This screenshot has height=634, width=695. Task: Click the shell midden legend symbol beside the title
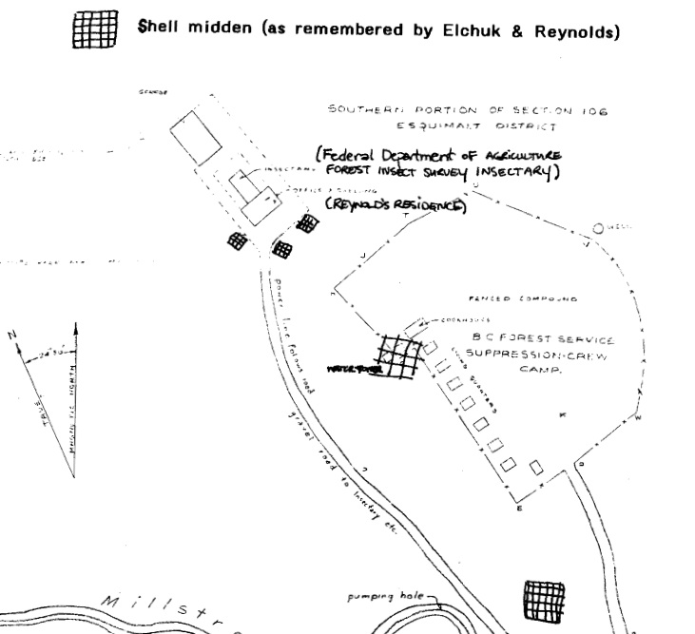tap(95, 29)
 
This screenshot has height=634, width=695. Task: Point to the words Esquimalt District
tap(464, 125)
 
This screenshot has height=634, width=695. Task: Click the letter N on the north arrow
tap(12, 336)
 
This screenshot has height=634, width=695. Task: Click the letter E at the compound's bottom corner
tap(520, 509)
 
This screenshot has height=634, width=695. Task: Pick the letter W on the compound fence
tap(638, 418)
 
